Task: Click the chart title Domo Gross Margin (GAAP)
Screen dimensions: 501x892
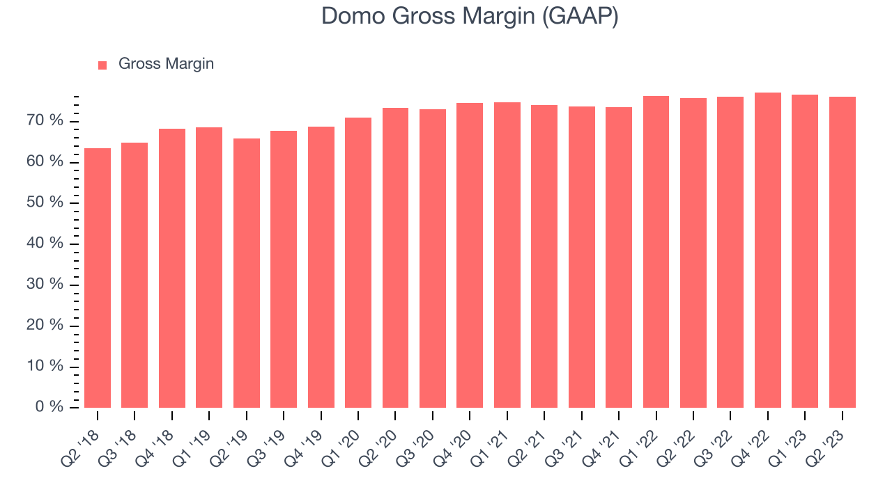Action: [470, 17]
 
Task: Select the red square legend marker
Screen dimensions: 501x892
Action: [102, 65]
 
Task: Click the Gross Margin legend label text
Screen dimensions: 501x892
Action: [166, 64]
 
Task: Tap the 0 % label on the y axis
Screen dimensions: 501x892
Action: [51, 407]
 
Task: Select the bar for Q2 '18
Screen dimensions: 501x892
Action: [98, 278]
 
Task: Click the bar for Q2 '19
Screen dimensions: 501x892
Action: [247, 273]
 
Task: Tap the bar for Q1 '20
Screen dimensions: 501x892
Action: [358, 263]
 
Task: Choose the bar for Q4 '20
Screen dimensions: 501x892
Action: [470, 255]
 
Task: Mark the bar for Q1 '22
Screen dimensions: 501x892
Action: [656, 252]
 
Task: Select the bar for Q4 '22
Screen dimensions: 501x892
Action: [767, 250]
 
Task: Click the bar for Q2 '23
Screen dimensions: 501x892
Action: [842, 253]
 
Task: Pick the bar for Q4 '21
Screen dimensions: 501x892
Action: [619, 257]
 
